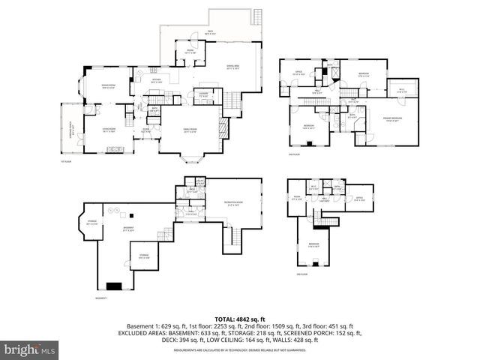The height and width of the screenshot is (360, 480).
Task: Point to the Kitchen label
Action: pyautogui.click(x=157, y=80)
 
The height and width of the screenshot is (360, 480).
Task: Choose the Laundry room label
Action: pyautogui.click(x=203, y=94)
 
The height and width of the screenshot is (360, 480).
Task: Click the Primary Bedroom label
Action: pyautogui.click(x=391, y=119)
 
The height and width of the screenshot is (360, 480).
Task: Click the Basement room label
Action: pyautogui.click(x=128, y=229)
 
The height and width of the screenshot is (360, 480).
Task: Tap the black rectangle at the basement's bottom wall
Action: pyautogui.click(x=115, y=286)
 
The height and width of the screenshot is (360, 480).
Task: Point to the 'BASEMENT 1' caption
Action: pyautogui.click(x=101, y=298)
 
